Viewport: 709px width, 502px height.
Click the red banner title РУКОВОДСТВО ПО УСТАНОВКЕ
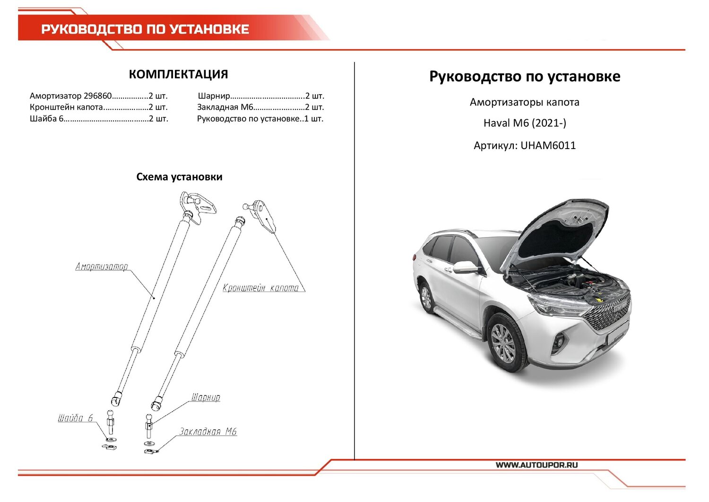tap(145, 29)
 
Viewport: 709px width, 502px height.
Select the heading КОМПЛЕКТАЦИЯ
tap(178, 74)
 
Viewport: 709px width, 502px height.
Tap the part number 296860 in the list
tap(97, 96)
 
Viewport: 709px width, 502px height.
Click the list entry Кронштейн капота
tap(66, 107)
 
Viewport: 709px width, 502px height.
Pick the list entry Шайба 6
tap(46, 119)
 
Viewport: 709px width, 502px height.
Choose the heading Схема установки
tap(179, 177)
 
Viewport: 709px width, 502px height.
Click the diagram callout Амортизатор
tap(102, 267)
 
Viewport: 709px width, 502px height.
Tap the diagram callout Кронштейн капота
tap(261, 288)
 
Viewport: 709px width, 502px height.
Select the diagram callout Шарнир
tap(206, 397)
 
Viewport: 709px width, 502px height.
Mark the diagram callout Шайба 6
tap(76, 418)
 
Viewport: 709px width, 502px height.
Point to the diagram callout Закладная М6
tap(208, 432)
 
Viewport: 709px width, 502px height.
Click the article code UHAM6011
tap(548, 146)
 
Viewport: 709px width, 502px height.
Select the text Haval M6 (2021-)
tap(525, 123)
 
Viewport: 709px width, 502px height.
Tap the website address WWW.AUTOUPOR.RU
tap(536, 465)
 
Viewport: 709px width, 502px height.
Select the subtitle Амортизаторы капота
tap(524, 102)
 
